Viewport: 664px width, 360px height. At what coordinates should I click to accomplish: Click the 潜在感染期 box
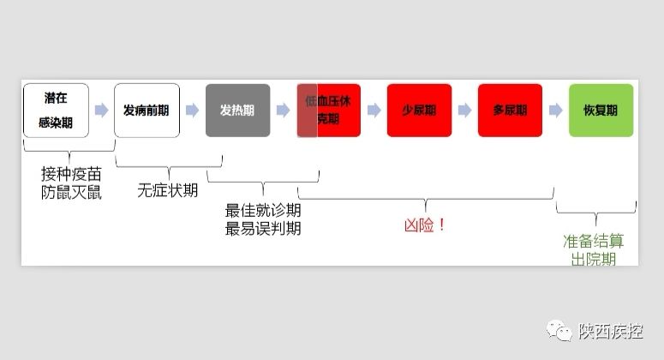[56, 110]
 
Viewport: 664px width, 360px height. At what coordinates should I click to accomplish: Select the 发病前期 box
[147, 110]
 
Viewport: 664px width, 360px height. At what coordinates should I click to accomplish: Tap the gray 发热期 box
[237, 110]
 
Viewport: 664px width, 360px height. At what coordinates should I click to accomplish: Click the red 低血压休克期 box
[329, 110]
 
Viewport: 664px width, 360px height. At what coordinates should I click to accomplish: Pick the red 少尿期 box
[419, 110]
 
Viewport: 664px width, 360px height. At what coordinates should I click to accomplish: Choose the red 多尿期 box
[510, 110]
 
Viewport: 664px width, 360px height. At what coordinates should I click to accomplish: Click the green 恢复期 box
[601, 110]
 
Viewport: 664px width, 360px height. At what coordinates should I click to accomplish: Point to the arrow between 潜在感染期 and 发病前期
[101, 110]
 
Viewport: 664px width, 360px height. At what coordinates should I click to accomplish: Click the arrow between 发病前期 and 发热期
[192, 110]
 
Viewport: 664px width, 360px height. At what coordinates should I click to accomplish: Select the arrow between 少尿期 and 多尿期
[464, 110]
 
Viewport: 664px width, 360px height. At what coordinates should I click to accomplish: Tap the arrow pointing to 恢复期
[555, 110]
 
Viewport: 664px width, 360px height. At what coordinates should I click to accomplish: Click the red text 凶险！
[425, 225]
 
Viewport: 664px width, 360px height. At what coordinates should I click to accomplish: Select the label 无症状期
[168, 190]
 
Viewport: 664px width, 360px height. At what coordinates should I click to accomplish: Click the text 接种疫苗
[71, 175]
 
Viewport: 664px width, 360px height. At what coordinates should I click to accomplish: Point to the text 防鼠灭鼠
[71, 193]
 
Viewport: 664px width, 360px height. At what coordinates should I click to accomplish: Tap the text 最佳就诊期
[263, 211]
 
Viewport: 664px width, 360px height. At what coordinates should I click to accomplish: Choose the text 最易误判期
[263, 228]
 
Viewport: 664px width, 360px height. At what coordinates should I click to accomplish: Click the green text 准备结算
[594, 241]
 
